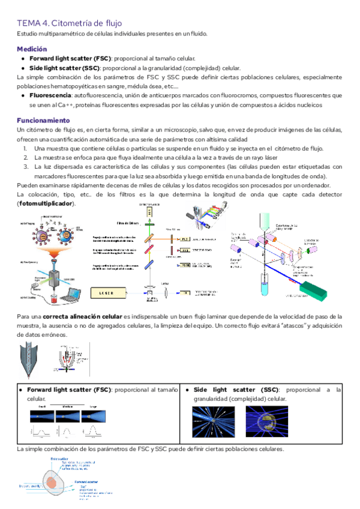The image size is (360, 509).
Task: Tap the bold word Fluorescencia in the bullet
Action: pos(50,95)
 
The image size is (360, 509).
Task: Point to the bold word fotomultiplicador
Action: pos(47,204)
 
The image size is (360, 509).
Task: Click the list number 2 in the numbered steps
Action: pos(27,157)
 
